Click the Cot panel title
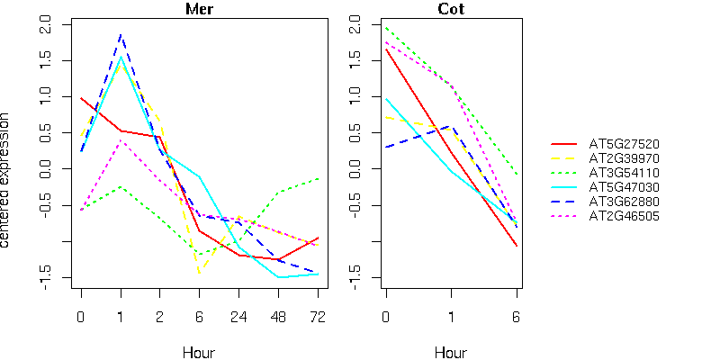(x=451, y=10)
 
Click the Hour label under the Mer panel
(x=199, y=352)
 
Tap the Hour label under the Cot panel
(x=451, y=352)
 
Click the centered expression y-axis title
(x=7, y=180)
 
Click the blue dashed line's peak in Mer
(x=121, y=35)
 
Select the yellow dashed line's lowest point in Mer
(x=199, y=270)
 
